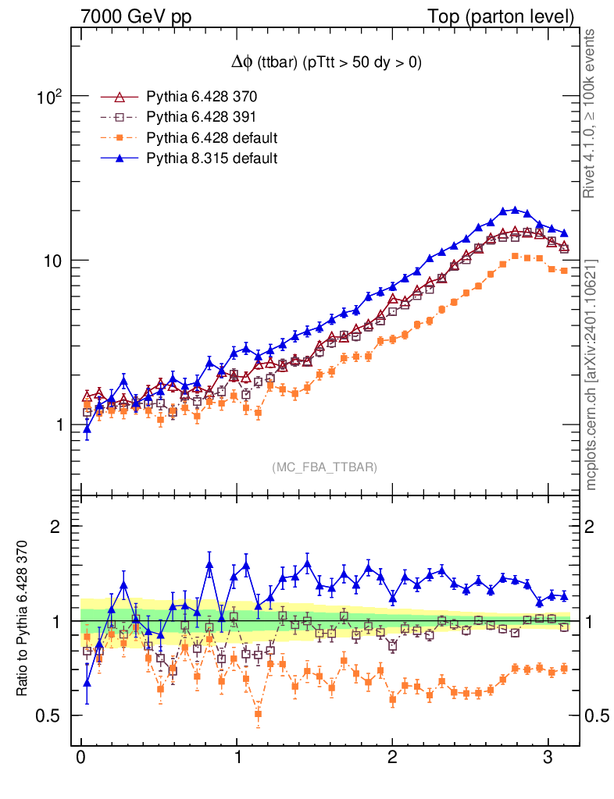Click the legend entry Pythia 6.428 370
click(x=202, y=98)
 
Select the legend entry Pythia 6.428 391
click(x=202, y=118)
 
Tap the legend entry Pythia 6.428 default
click(x=212, y=138)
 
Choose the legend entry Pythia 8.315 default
click(x=212, y=158)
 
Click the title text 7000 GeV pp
click(x=136, y=16)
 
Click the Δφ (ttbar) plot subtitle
click(x=326, y=63)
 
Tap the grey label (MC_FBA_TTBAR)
click(x=325, y=467)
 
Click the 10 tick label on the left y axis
click(x=54, y=261)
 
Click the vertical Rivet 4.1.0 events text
click(x=591, y=114)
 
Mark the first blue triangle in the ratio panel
click(x=87, y=682)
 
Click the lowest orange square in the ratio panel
click(x=259, y=714)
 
